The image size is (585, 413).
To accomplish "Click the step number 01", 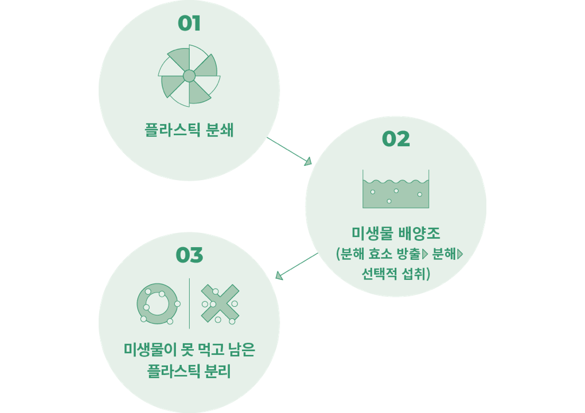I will point(189,24).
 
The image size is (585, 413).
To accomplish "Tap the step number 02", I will point(396,139).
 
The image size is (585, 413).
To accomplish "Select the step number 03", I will point(189,255).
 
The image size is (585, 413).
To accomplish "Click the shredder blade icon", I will point(189,76).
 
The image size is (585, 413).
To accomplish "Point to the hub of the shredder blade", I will point(189,76).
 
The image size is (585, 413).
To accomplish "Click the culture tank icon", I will point(396,190).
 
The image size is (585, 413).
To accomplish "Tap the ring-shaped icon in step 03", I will point(157,303).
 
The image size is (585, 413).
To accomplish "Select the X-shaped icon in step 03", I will point(220,303).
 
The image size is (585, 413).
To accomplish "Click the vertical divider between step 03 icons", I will point(189,303).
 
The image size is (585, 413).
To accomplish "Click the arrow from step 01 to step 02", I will point(290,151).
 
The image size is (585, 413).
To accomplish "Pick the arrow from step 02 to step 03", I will point(297,266).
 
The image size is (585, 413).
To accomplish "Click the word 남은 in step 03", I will point(240,349).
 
